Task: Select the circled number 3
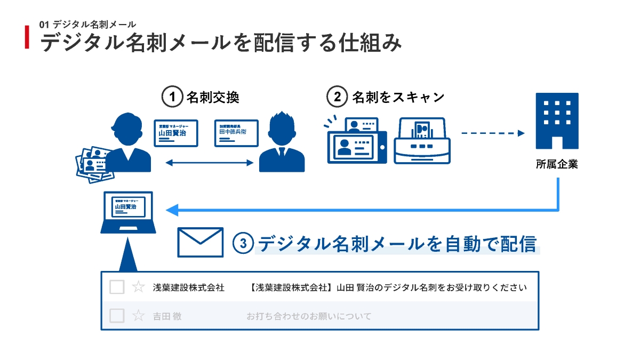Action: pos(243,243)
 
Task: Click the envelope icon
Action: pos(200,243)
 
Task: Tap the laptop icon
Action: pos(128,212)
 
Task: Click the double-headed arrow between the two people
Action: pos(209,162)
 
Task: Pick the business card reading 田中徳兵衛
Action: pos(236,133)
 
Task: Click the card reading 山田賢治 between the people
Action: pos(176,133)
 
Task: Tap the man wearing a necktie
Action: pos(282,143)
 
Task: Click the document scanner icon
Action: pos(422,140)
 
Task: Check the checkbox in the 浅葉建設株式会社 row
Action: pos(117,287)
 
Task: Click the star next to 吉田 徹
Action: pos(138,316)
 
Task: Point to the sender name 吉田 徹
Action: pos(167,316)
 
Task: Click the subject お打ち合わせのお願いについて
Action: pos(308,316)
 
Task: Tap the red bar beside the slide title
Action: pos(27,37)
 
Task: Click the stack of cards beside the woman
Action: pos(94,163)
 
